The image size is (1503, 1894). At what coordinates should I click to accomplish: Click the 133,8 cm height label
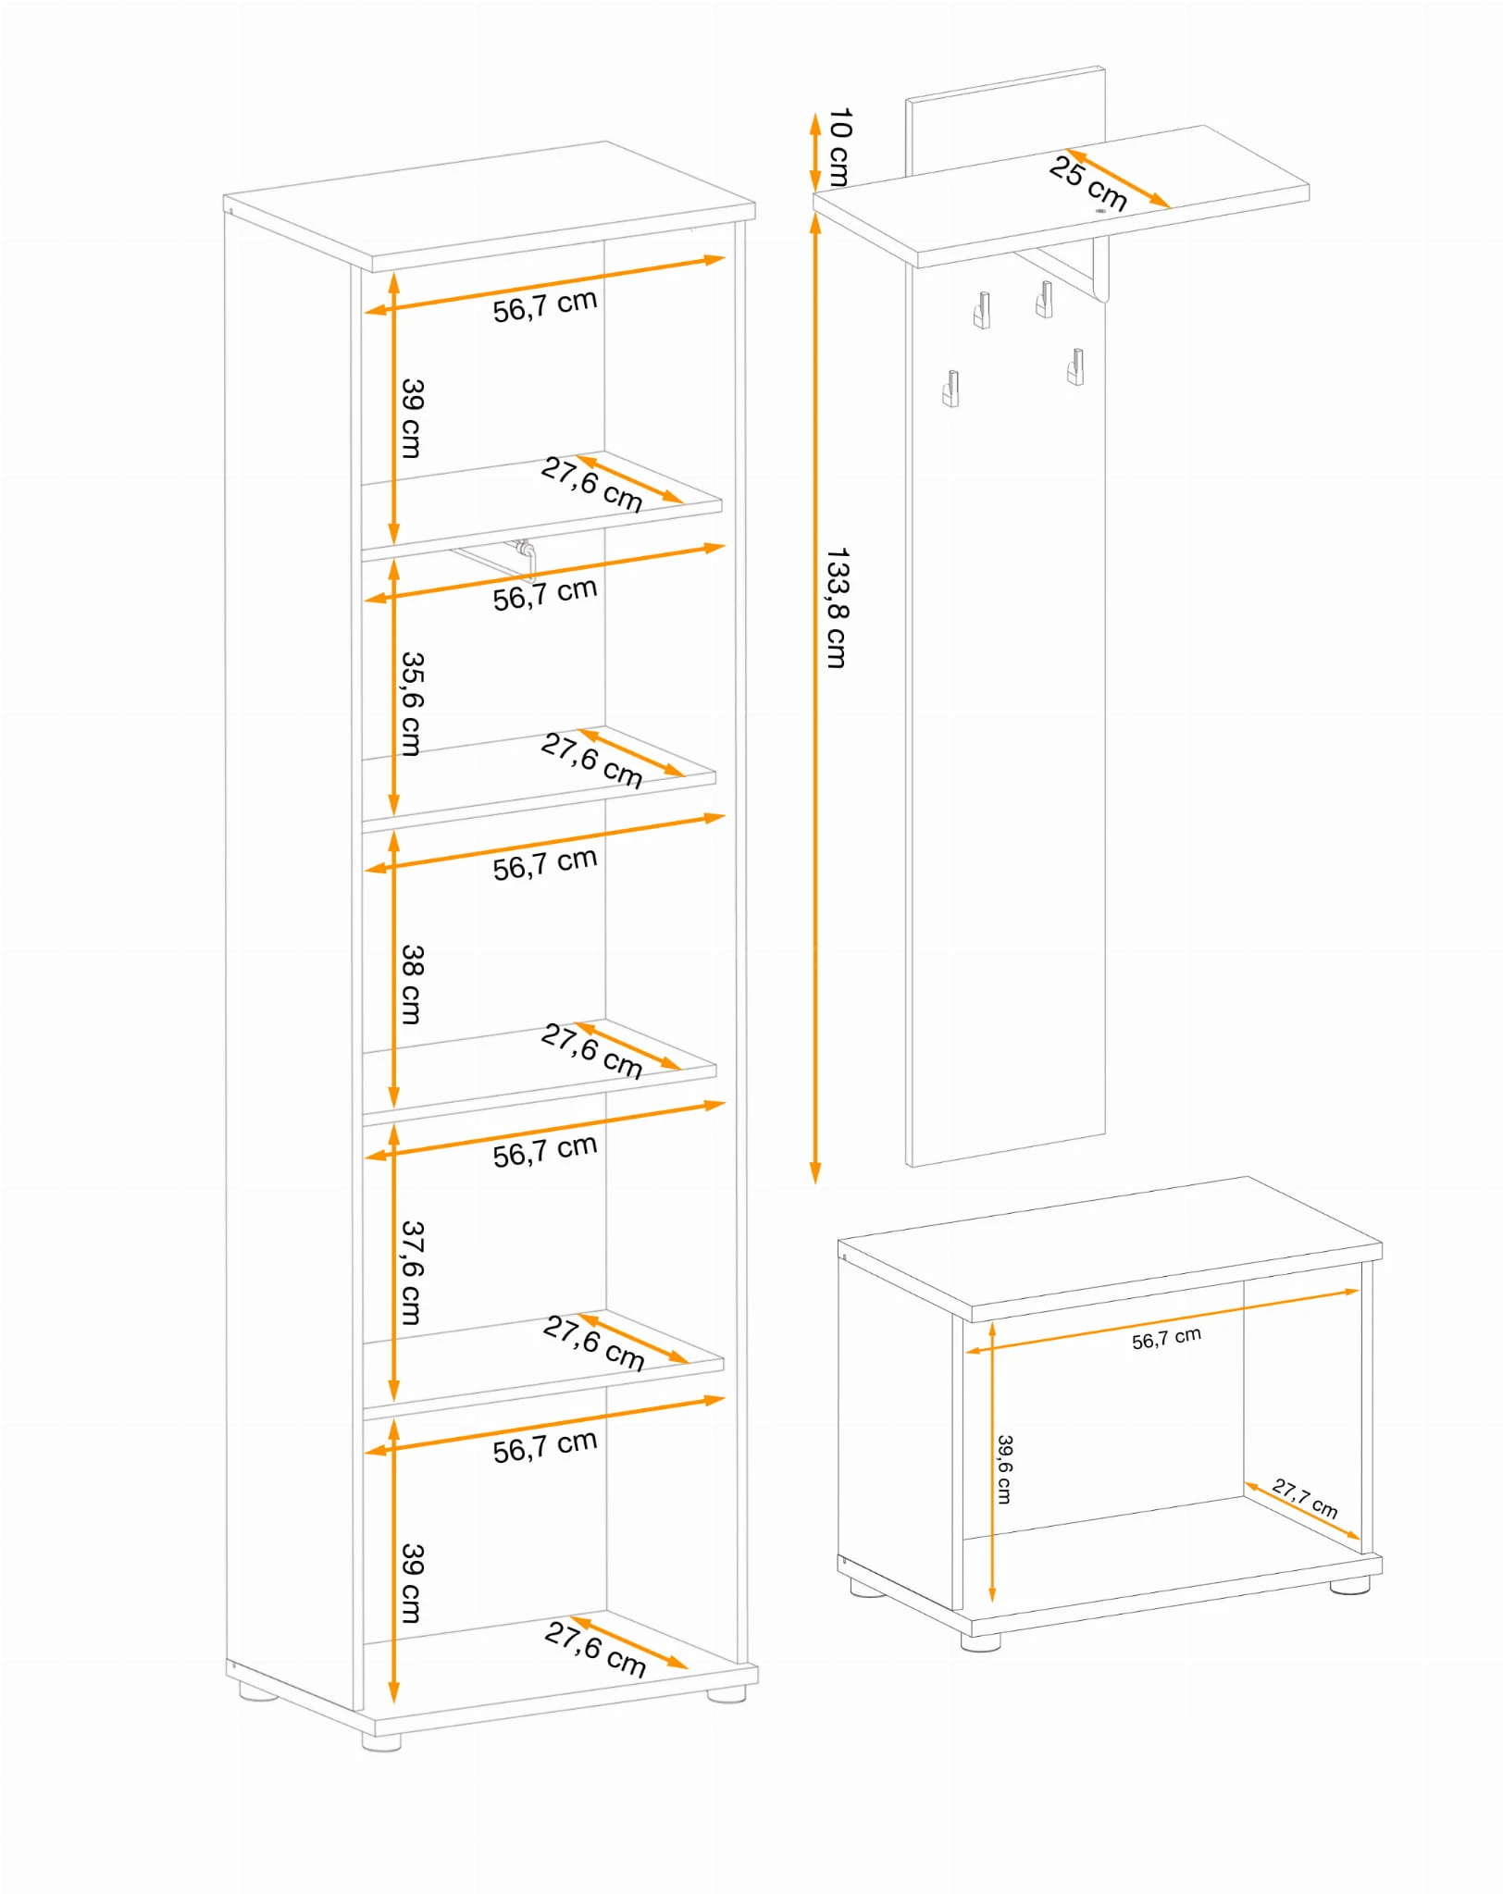coord(837,608)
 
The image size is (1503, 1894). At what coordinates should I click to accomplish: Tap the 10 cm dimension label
coord(839,147)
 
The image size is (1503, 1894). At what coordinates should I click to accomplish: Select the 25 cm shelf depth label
coord(1088,183)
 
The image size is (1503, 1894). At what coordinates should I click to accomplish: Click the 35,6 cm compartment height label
coord(412,703)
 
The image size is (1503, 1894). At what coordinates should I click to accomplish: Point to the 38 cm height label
coord(412,984)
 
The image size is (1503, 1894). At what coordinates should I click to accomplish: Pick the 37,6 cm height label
coord(412,1272)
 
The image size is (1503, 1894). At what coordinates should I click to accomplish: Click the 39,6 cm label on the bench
coord(1004,1469)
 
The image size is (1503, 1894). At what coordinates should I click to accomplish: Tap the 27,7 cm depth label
coord(1305,1498)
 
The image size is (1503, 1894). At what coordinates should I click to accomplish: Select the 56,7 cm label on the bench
coord(1166,1338)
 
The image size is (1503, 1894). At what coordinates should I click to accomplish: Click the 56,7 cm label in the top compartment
coord(544,305)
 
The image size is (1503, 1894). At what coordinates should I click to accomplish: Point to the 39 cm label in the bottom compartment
coord(412,1582)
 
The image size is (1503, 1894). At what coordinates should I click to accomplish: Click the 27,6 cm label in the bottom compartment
coord(594,1649)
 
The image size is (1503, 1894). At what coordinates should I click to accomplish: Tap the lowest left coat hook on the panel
coord(950,389)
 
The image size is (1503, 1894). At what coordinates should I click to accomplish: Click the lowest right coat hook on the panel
coord(1075,366)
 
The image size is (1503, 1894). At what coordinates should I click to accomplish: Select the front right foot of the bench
coord(1349,1585)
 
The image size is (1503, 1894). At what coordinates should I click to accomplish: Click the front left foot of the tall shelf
coord(381,1742)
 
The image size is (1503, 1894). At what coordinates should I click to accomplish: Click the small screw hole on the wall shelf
coord(1100,211)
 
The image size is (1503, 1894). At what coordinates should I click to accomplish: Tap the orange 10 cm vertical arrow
coord(815,154)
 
